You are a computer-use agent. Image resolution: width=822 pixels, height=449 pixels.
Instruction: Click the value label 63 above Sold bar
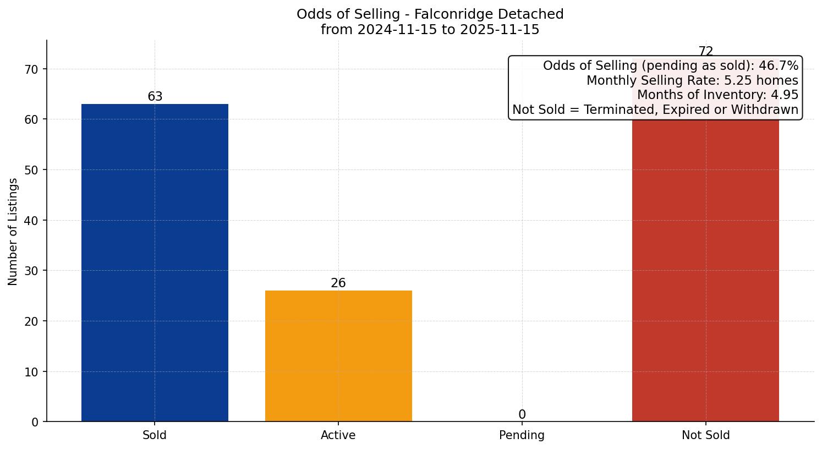pyautogui.click(x=155, y=97)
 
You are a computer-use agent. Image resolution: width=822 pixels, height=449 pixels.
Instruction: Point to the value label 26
pyautogui.click(x=338, y=283)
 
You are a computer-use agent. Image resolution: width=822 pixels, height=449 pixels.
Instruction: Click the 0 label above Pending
pyautogui.click(x=522, y=415)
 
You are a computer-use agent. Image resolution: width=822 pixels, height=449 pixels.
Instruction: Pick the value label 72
pyautogui.click(x=705, y=52)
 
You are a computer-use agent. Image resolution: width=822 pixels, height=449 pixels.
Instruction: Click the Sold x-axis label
pyautogui.click(x=155, y=435)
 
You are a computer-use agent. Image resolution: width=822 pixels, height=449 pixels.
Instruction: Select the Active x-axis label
pyautogui.click(x=338, y=435)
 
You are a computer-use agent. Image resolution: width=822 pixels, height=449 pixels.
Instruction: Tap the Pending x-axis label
pyautogui.click(x=522, y=435)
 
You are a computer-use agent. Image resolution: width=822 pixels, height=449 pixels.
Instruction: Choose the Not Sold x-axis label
pyautogui.click(x=705, y=435)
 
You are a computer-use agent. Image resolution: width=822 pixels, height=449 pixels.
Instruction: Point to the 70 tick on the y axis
pyautogui.click(x=31, y=69)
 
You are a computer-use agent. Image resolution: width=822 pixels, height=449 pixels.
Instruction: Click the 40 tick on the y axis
pyautogui.click(x=31, y=221)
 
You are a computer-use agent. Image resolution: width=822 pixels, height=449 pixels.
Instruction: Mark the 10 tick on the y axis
pyautogui.click(x=31, y=372)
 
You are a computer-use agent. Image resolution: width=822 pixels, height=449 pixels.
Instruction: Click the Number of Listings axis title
pyautogui.click(x=13, y=232)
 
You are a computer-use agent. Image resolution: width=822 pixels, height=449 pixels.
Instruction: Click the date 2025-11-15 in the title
pyautogui.click(x=500, y=30)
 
